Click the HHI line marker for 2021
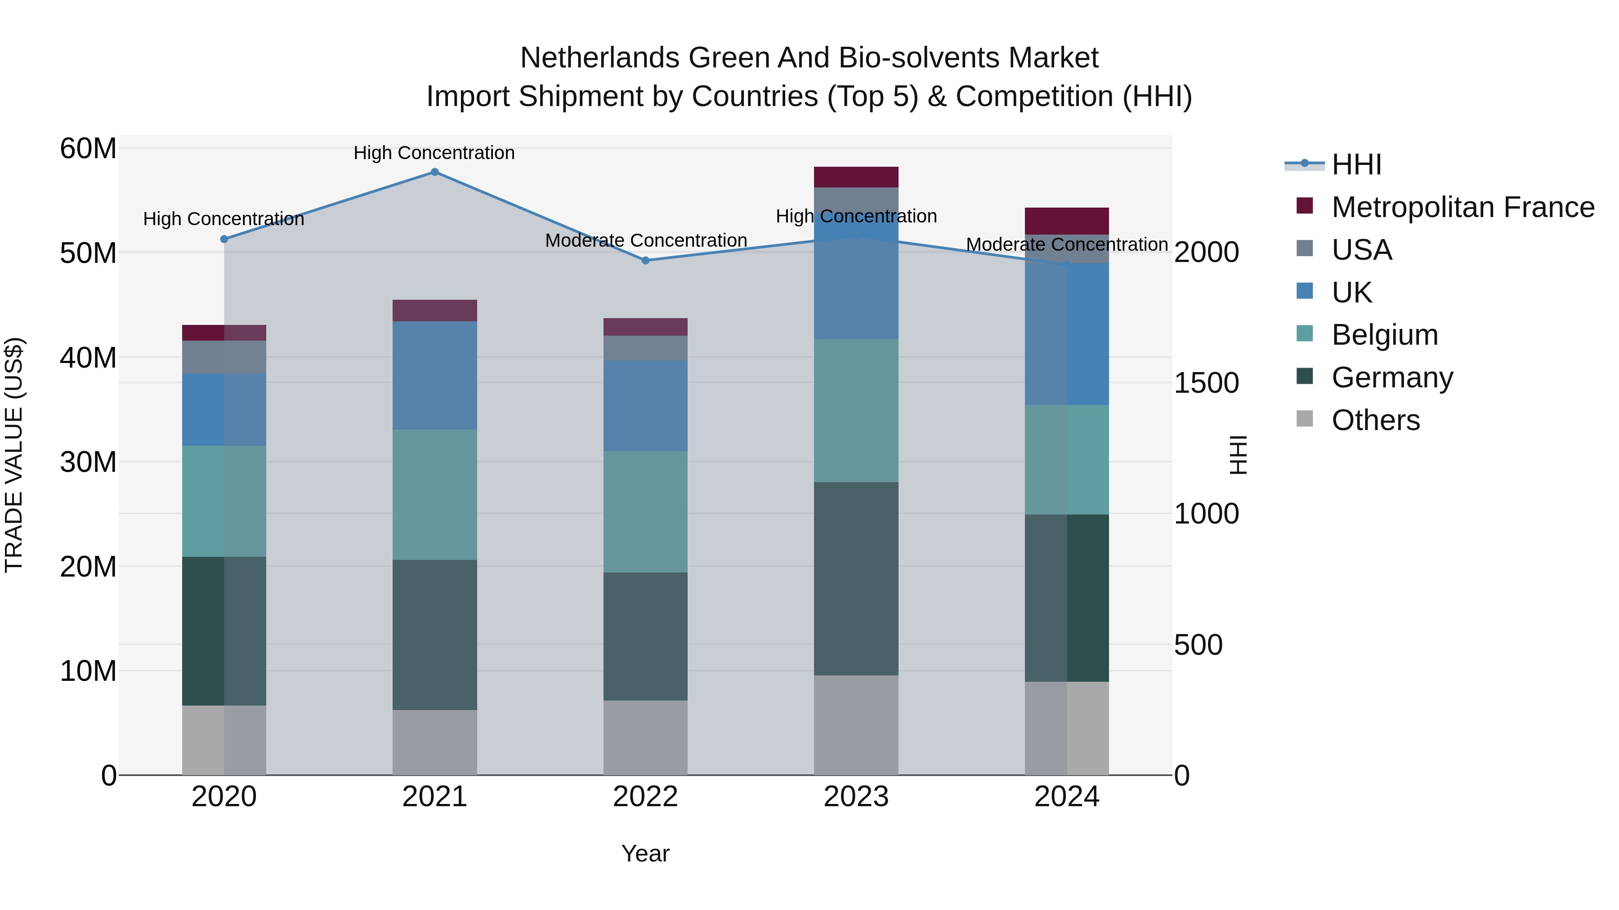pos(434,172)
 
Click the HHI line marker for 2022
pos(645,261)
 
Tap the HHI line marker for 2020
pos(224,239)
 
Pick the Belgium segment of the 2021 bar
pos(434,494)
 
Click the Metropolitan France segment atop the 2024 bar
pos(1067,221)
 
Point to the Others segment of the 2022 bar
pos(645,737)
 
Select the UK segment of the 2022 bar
pos(645,406)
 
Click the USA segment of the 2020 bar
pos(224,357)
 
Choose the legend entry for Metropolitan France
pos(1462,207)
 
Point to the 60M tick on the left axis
pos(89,149)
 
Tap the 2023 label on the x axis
pos(856,797)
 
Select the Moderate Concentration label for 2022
pos(645,240)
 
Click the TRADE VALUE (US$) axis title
pos(14,455)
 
